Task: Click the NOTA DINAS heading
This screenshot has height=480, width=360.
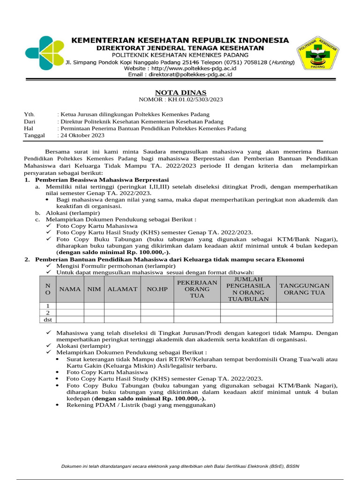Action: (174, 92)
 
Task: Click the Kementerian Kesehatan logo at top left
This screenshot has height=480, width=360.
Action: (44, 52)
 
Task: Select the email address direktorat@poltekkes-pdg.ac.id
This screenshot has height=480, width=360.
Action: (188, 75)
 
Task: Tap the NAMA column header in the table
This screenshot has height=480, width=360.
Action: (70, 289)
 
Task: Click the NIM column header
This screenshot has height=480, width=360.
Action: (94, 289)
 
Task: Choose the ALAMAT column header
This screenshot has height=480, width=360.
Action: (122, 289)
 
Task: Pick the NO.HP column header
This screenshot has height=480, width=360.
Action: (157, 289)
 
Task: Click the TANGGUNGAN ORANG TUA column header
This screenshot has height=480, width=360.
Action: (304, 289)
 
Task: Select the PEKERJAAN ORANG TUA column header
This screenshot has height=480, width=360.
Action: (197, 289)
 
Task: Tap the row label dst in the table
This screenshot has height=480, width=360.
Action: (47, 319)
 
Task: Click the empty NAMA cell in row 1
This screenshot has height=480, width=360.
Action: (70, 306)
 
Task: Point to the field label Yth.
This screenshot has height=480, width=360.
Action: (29, 114)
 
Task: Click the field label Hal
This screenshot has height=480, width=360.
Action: (29, 128)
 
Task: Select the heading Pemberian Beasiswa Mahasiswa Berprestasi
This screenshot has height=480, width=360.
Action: (100, 180)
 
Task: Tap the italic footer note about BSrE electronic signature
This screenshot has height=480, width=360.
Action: (180, 466)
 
